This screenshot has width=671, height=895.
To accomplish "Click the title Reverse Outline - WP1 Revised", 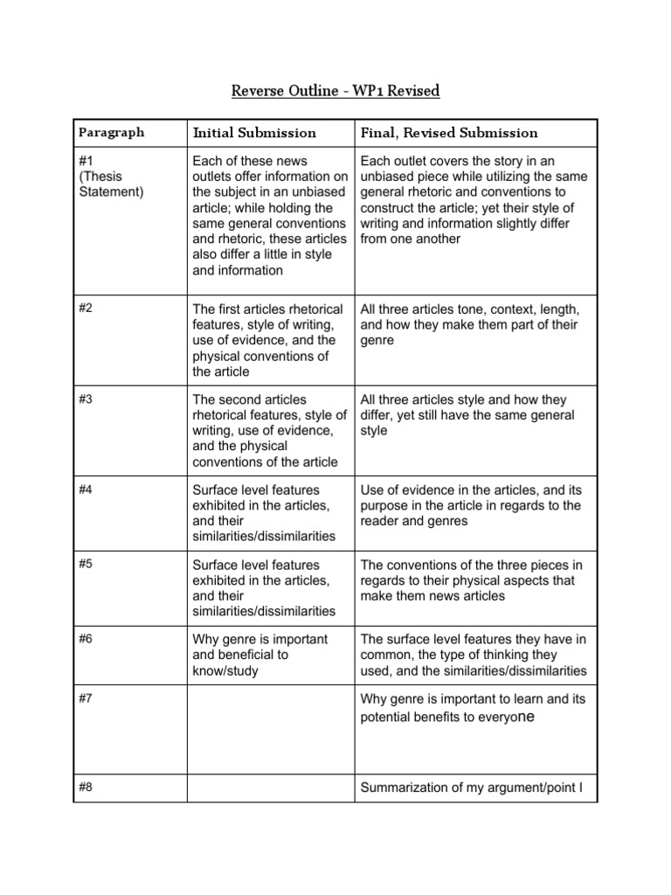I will [335, 90].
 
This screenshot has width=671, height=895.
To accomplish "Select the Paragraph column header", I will [111, 133].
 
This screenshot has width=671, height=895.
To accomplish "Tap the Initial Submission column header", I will [253, 133].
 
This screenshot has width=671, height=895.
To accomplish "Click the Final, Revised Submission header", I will [449, 133].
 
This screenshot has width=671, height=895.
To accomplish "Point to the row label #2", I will [85, 309].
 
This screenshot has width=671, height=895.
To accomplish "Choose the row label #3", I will [85, 399].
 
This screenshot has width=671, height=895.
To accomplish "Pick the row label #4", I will [85, 489].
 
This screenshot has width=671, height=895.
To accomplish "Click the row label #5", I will [85, 565].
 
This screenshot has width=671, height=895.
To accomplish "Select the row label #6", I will [85, 640].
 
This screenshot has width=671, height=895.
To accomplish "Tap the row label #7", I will [85, 699].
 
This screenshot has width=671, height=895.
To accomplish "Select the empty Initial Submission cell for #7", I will [269, 730].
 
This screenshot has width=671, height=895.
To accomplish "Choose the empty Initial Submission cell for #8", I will [269, 789].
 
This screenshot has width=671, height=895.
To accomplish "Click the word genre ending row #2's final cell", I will [377, 341].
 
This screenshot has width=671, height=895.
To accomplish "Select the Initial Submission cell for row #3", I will [269, 430].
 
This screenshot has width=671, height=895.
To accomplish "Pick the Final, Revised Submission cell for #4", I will [474, 505].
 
